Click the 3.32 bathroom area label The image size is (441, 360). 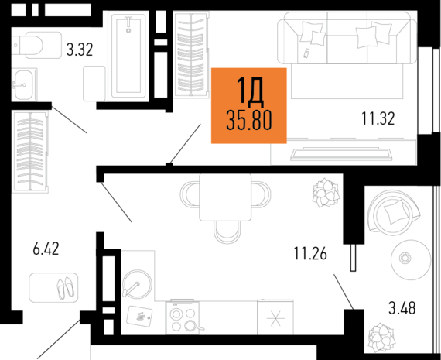coord(80,51)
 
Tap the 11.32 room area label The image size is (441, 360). coord(378,118)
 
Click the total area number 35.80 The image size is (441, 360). coord(248,119)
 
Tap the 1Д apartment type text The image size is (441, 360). coord(249,92)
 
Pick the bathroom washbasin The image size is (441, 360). coord(22,82)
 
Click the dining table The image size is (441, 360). coord(224,197)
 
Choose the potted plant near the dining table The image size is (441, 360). coord(323,191)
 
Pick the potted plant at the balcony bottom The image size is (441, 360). coord(380,337)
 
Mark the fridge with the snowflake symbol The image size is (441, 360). coord(277,320)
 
